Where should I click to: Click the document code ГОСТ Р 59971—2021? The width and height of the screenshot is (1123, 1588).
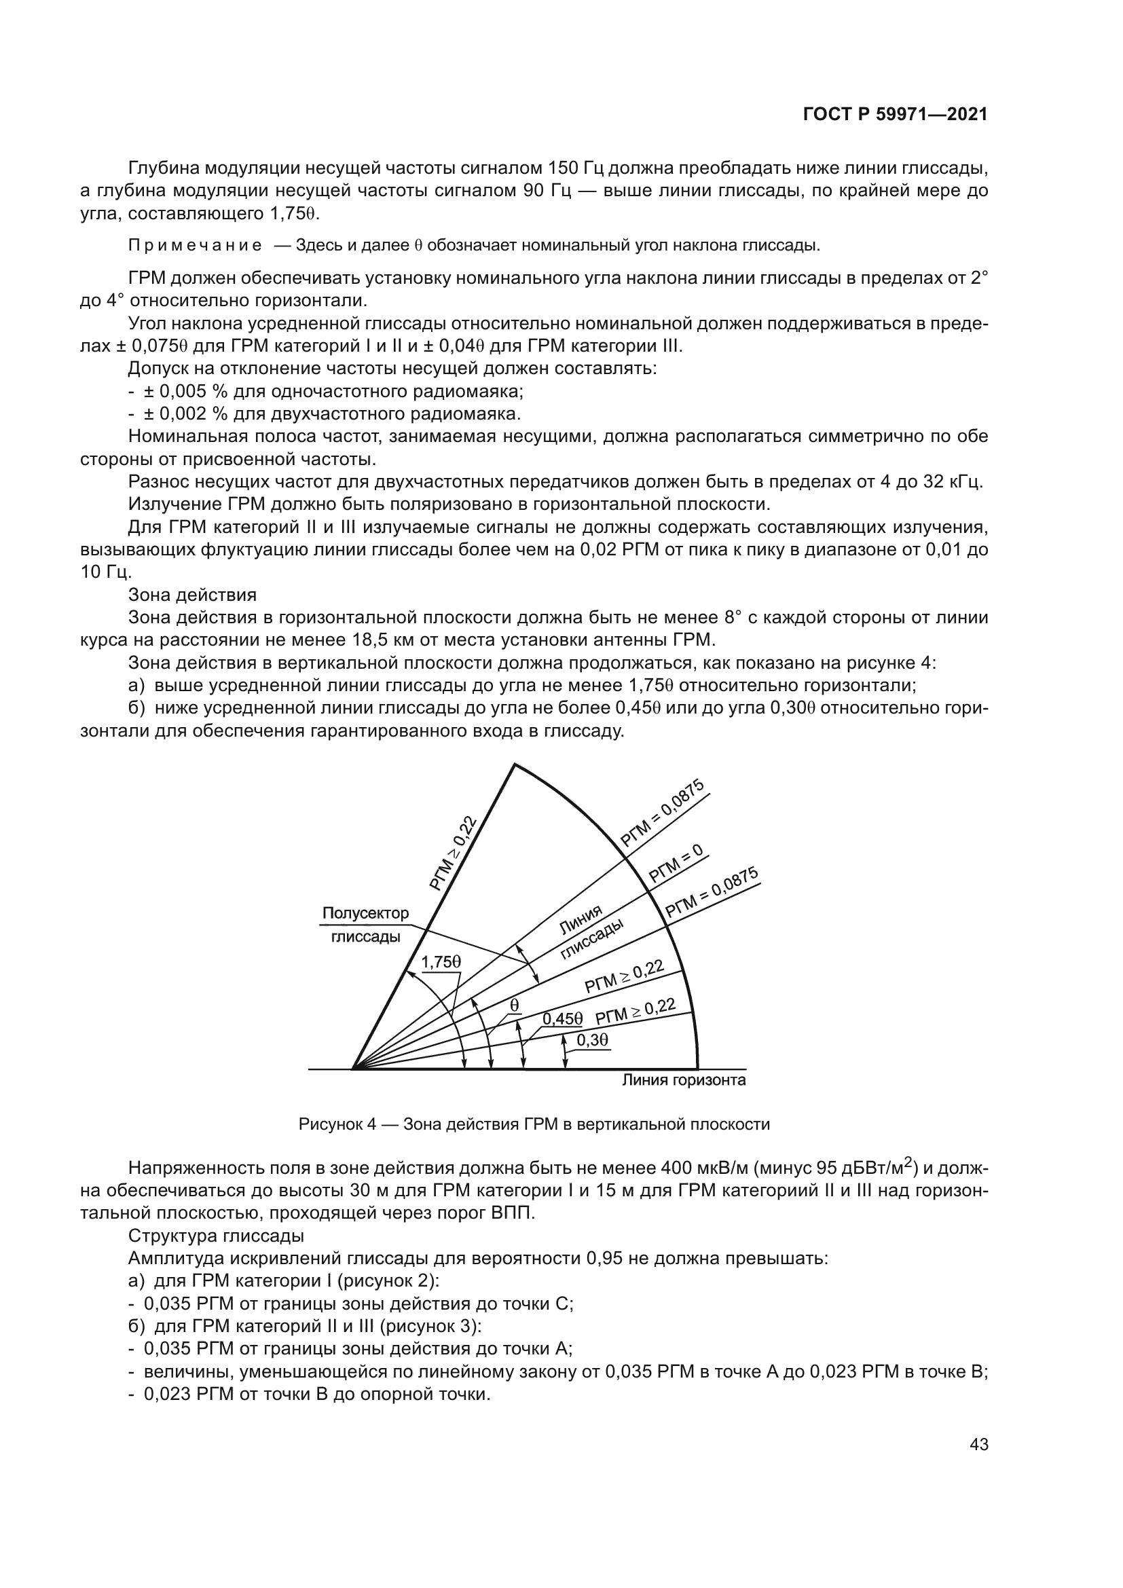point(895,115)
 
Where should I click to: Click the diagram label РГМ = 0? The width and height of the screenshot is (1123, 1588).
point(675,864)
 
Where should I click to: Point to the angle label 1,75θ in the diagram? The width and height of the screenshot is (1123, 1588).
point(441,961)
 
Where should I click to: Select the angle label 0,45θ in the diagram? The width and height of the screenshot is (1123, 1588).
point(562,1019)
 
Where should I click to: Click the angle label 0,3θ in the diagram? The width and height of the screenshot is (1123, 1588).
point(592,1039)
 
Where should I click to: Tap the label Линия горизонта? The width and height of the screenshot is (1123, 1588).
point(684,1080)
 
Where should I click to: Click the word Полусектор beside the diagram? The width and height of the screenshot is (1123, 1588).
point(366,914)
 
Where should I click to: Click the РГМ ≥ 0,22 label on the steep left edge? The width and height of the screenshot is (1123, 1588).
point(454,853)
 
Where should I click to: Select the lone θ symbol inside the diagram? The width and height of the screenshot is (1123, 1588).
point(515,1004)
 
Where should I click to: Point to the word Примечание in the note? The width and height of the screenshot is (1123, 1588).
point(195,246)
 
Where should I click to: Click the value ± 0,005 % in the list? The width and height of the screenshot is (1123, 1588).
point(185,392)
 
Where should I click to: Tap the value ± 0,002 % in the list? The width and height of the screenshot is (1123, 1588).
point(185,414)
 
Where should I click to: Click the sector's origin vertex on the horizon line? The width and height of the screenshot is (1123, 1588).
point(352,1069)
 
